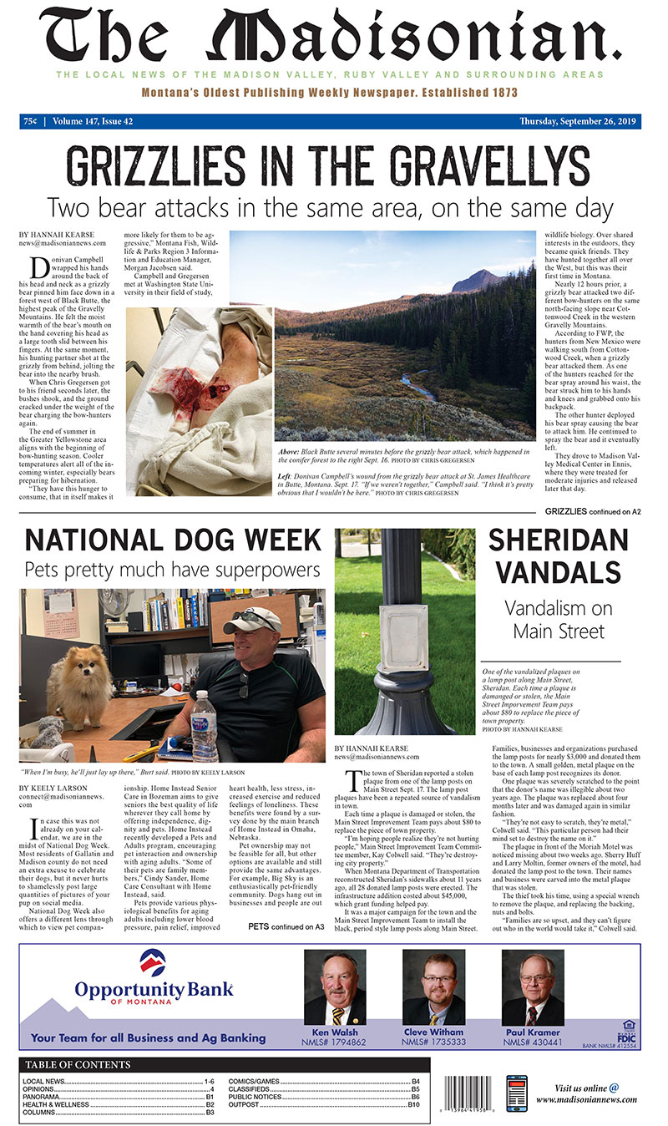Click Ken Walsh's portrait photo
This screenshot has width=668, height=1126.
click(335, 990)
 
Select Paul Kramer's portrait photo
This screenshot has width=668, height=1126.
click(532, 990)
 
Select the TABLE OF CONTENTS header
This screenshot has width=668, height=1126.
click(78, 1065)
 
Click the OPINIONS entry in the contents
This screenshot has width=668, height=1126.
click(42, 1089)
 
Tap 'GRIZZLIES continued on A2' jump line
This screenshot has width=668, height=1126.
click(593, 511)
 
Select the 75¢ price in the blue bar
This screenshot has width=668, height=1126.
click(31, 121)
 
